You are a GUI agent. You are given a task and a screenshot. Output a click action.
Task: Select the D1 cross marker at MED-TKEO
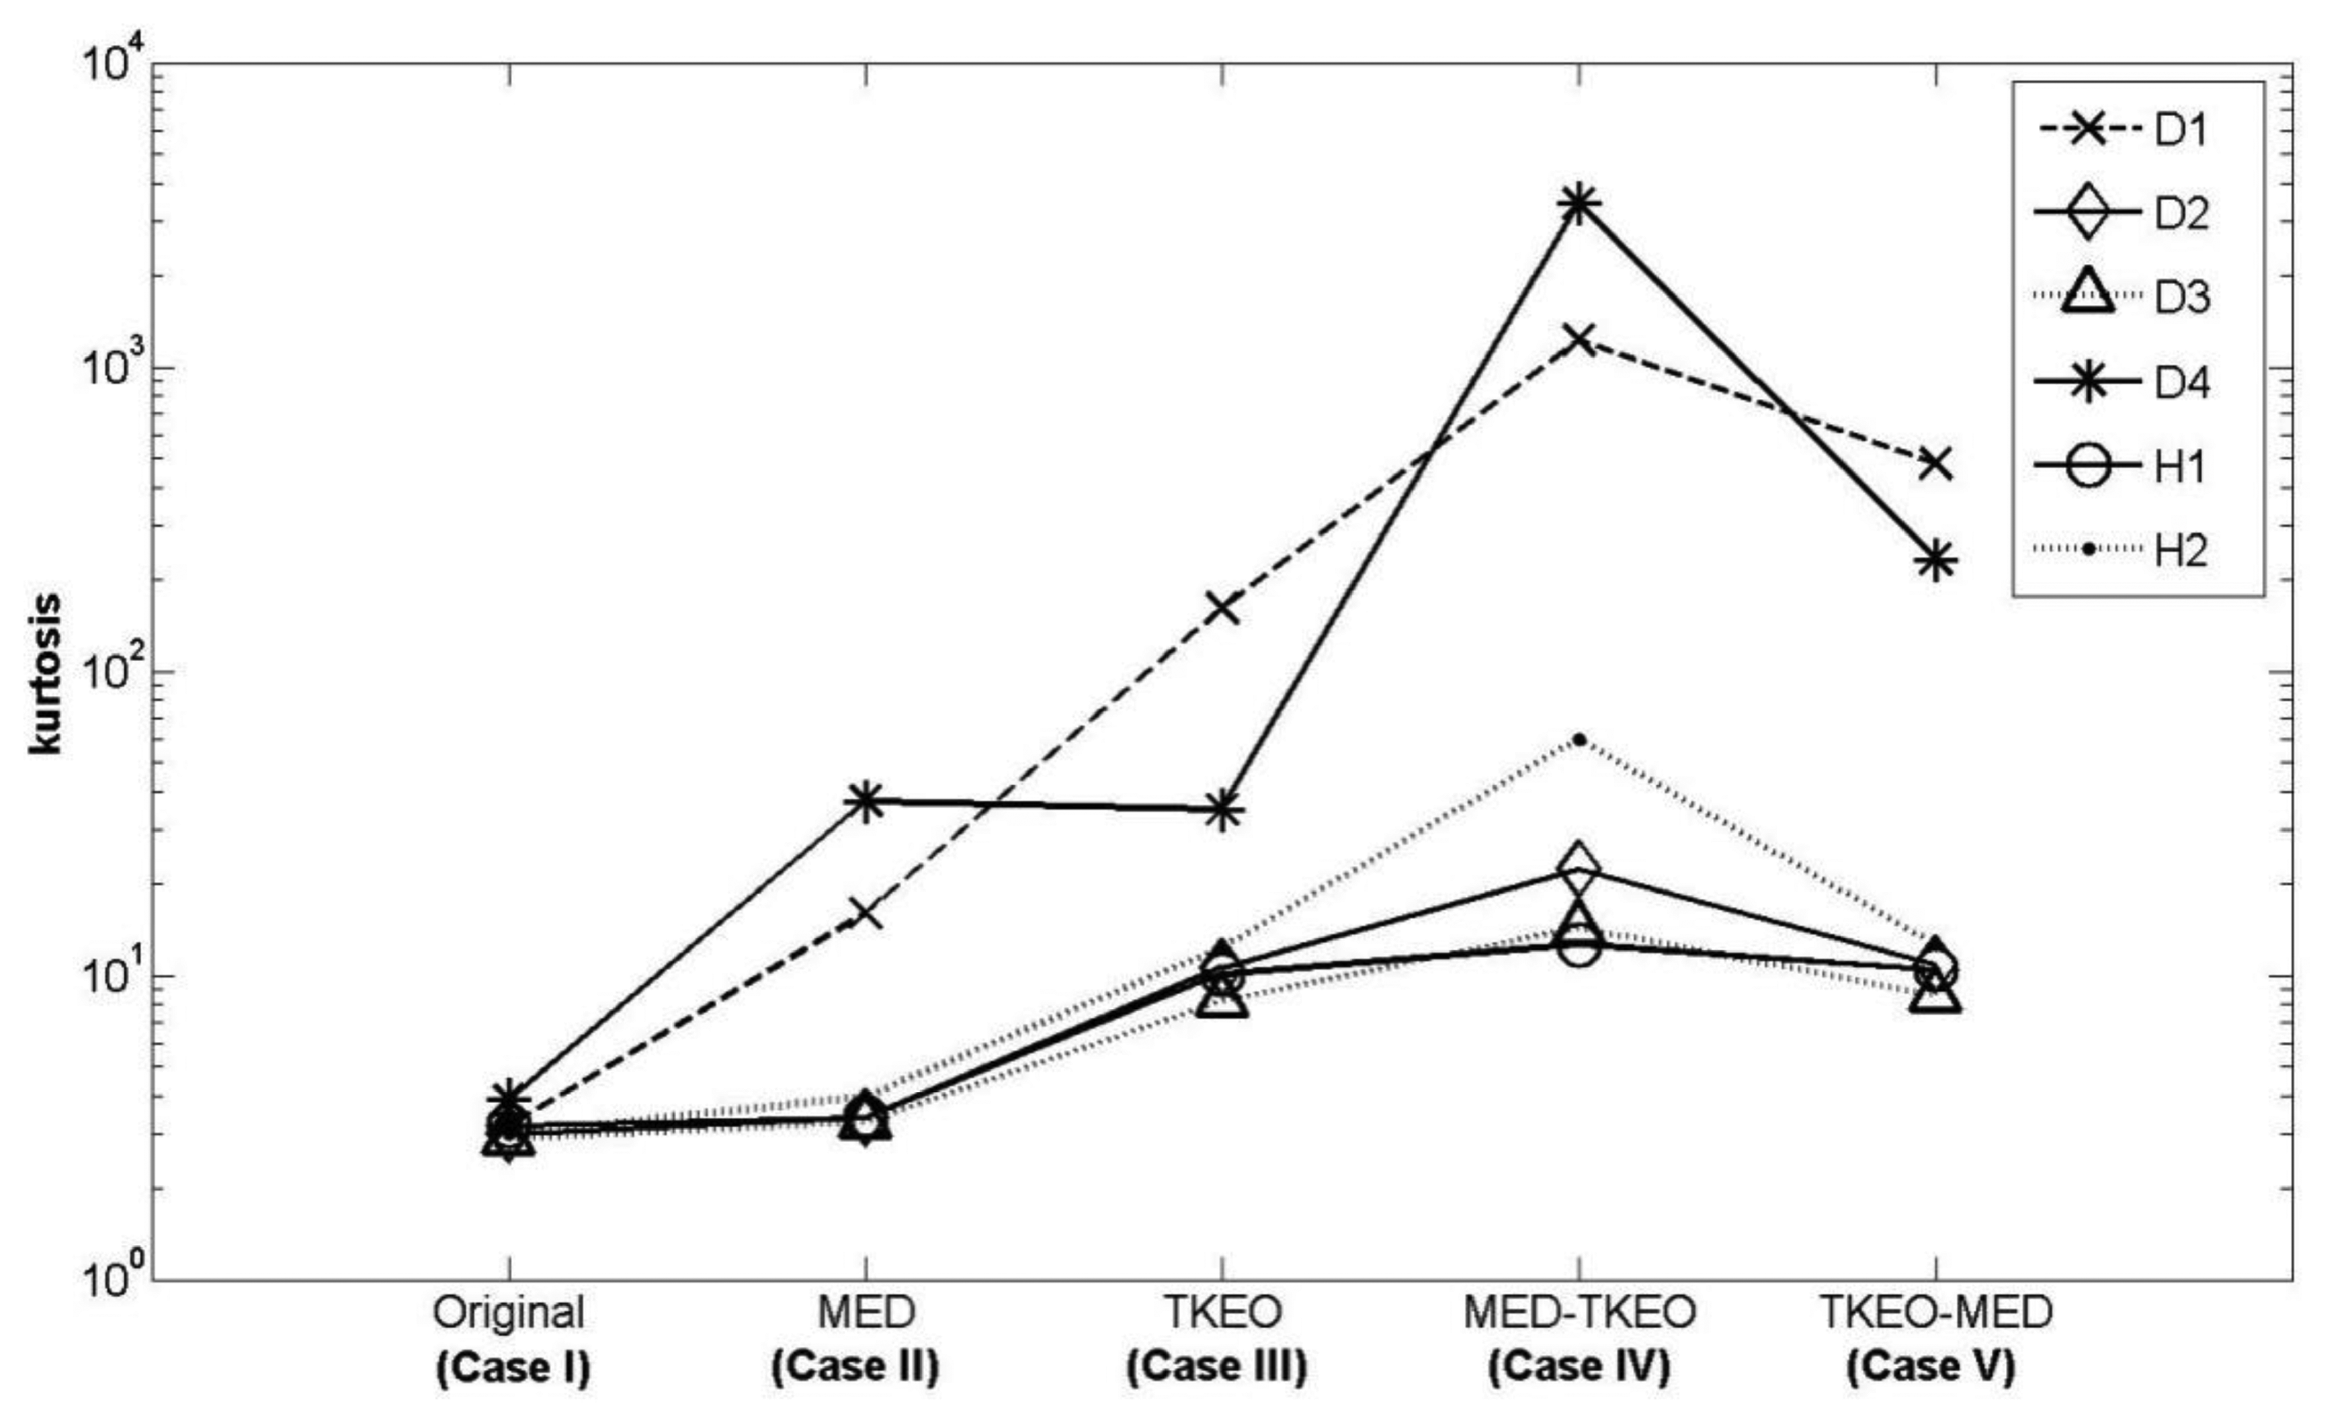coord(1578,339)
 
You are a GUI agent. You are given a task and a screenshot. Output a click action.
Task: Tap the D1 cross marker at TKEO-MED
coord(1935,464)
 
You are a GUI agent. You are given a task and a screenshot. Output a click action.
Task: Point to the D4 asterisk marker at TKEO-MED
coord(1935,561)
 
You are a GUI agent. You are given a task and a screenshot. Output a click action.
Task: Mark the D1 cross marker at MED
coord(867,914)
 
